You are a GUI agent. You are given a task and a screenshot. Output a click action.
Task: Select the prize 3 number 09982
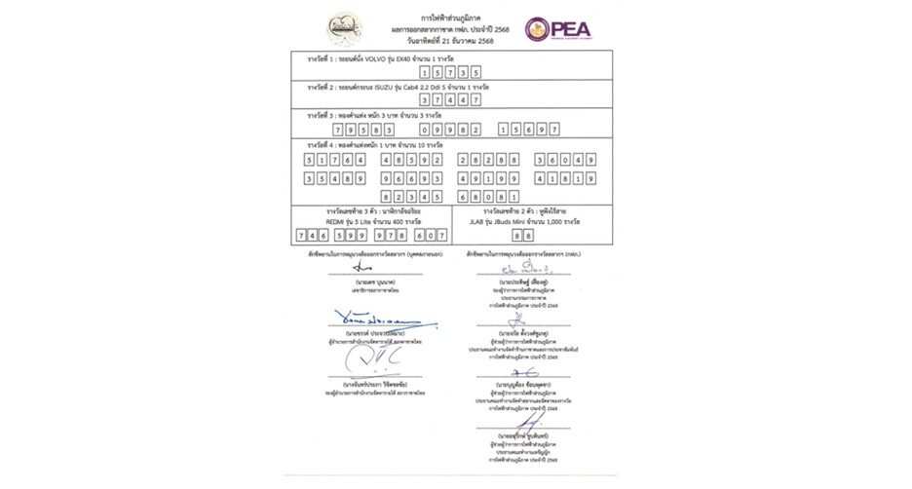click(x=456, y=129)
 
